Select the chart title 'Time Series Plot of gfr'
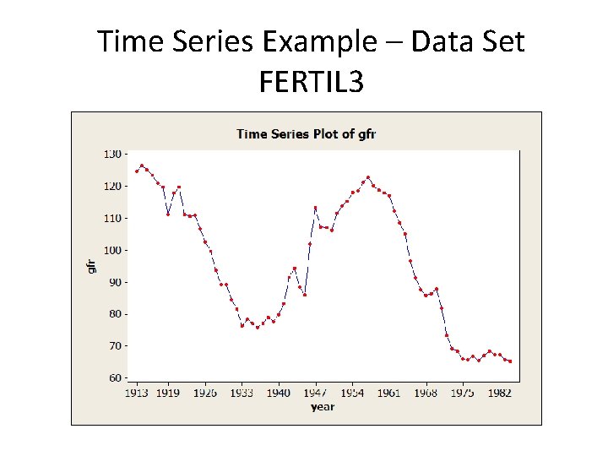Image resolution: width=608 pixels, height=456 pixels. tap(307, 133)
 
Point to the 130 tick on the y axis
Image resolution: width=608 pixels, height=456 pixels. tap(111, 155)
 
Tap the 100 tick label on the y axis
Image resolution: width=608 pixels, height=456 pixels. tap(111, 250)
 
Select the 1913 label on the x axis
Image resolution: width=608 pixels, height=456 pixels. tap(137, 394)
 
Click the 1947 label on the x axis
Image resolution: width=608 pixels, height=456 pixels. tap(316, 394)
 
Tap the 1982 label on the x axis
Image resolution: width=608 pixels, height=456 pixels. tap(500, 394)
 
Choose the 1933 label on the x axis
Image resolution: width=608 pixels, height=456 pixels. tap(242, 394)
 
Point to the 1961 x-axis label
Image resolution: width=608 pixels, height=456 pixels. tap(389, 394)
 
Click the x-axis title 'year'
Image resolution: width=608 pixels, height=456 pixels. tap(322, 407)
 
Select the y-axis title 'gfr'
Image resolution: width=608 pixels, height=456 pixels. tap(92, 264)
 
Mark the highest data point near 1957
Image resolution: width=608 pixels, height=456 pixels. tap(368, 177)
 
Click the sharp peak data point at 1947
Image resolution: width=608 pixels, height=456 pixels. tap(315, 208)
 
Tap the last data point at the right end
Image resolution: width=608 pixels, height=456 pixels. tap(510, 361)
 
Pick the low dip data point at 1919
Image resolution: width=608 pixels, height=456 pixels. tap(168, 214)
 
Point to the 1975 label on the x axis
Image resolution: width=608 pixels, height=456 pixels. tap(463, 394)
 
